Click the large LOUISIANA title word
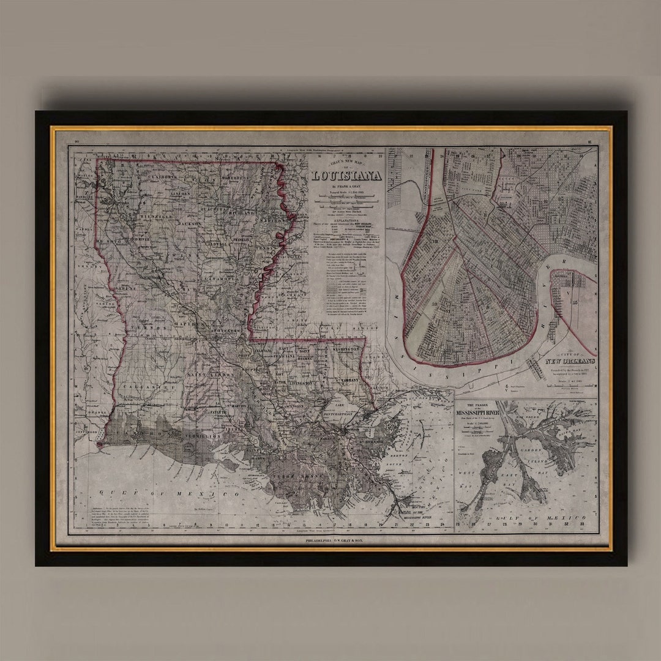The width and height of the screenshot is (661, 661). (x=346, y=176)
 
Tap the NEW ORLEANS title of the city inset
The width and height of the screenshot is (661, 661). (x=570, y=361)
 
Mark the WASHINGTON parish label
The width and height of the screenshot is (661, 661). (x=346, y=349)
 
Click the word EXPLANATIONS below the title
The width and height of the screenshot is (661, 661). (x=346, y=217)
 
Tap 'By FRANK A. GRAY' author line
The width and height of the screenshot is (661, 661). (x=346, y=187)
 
